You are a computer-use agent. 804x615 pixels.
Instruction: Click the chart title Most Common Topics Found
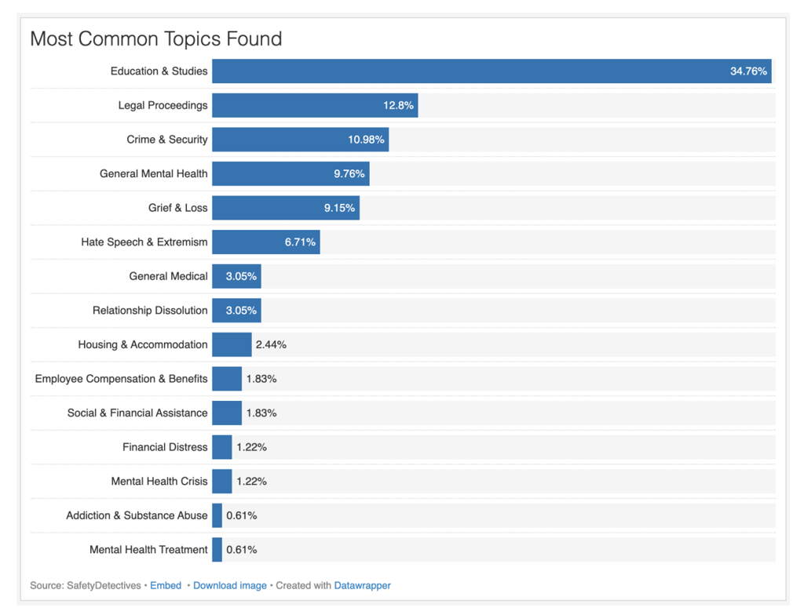(x=156, y=39)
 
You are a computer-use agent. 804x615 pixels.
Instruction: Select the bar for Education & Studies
(x=492, y=71)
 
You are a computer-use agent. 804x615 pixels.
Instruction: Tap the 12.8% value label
(x=398, y=106)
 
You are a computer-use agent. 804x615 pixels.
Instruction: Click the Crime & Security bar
(x=301, y=140)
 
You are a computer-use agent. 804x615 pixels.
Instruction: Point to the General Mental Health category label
(x=153, y=173)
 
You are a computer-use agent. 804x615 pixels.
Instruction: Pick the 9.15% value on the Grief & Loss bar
(x=339, y=208)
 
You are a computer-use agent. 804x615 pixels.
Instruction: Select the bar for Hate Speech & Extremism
(x=266, y=242)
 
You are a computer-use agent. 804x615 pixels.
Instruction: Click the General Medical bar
(x=236, y=276)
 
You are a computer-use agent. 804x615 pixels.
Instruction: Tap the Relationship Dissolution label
(x=150, y=311)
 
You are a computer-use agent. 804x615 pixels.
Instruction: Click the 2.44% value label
(x=271, y=345)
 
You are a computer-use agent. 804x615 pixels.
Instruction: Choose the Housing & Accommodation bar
(x=232, y=344)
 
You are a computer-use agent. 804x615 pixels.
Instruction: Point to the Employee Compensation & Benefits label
(x=121, y=379)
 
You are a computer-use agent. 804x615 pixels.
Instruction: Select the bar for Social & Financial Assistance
(x=227, y=413)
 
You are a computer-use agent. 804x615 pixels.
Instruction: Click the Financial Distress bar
(x=222, y=447)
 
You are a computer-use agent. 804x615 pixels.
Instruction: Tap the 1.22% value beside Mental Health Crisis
(x=252, y=481)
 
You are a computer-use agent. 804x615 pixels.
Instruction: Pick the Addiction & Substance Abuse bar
(x=217, y=515)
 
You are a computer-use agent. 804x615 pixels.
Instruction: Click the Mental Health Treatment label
(x=148, y=550)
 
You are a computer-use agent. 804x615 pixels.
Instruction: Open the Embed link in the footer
(x=166, y=585)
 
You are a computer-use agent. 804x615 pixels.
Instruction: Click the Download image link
(x=230, y=585)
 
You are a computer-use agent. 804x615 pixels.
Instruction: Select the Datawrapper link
(x=362, y=585)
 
